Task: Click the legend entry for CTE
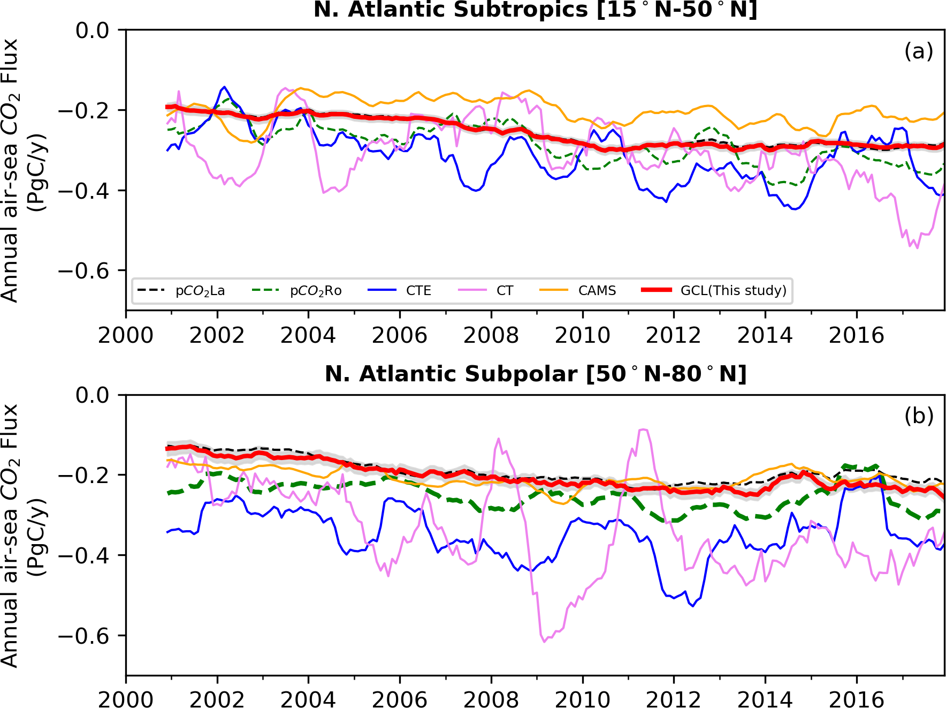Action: pos(418,291)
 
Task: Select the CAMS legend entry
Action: pos(597,291)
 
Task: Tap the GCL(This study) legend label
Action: pos(733,291)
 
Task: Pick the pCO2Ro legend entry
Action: pos(315,291)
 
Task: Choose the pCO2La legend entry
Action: pos(200,291)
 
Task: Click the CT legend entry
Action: pos(505,291)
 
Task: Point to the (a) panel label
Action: pos(918,51)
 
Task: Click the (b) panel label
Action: pos(918,416)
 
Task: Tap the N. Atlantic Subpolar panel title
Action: pos(535,374)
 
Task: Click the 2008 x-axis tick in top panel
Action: pos(491,336)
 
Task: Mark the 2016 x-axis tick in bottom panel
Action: pos(856,699)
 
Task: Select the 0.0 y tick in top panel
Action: pos(92,31)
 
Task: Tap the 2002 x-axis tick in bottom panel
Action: pos(217,699)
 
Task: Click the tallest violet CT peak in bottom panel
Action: pos(644,430)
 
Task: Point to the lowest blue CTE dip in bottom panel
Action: pos(693,606)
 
